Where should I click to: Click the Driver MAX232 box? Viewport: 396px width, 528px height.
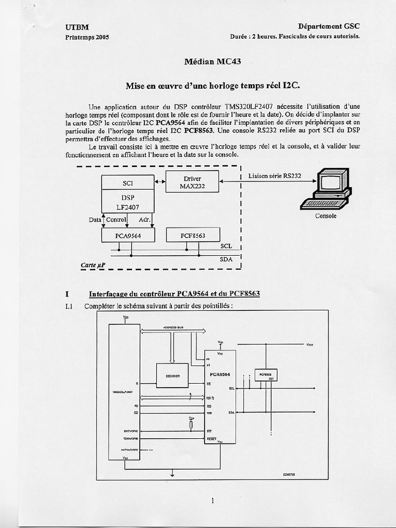pyautogui.click(x=192, y=181)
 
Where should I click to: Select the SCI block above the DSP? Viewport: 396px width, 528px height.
pyautogui.click(x=127, y=183)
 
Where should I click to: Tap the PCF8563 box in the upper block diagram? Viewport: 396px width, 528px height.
pyautogui.click(x=193, y=235)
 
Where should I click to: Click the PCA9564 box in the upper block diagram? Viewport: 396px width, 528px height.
pyautogui.click(x=128, y=235)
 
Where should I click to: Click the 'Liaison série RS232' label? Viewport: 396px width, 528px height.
pyautogui.click(x=274, y=176)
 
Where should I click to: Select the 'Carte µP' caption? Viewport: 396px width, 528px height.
pyautogui.click(x=93, y=265)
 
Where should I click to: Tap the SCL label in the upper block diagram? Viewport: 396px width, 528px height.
pyautogui.click(x=226, y=246)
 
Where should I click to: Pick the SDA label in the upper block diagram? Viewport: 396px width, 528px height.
pyautogui.click(x=226, y=259)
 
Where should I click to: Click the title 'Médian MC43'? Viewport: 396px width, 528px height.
pyautogui.click(x=212, y=62)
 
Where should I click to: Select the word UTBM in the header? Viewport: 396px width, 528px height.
pyautogui.click(x=77, y=27)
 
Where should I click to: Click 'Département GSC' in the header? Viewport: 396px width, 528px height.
pyautogui.click(x=328, y=26)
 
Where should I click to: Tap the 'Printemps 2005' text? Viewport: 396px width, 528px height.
pyautogui.click(x=87, y=37)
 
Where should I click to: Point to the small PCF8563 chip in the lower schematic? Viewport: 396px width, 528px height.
pyautogui.click(x=266, y=375)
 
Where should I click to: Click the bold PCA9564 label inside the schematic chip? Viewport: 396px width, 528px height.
pyautogui.click(x=220, y=374)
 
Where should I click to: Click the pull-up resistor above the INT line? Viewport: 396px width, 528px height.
pyautogui.click(x=191, y=424)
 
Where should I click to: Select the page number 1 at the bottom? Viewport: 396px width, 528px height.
pyautogui.click(x=212, y=500)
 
